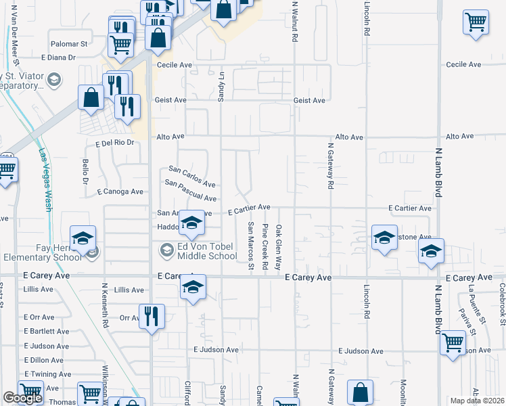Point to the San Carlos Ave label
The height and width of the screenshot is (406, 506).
[x=191, y=177]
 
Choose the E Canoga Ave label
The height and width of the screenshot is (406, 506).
[x=120, y=192]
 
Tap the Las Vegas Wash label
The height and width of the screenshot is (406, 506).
[x=45, y=179]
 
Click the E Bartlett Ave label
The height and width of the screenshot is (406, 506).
[x=46, y=332]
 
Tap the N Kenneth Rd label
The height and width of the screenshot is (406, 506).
[x=106, y=305]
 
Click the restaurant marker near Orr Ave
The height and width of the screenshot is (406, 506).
[x=152, y=316]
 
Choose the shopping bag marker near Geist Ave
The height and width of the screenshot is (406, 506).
[x=91, y=97]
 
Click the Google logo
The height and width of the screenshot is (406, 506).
[x=22, y=399]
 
